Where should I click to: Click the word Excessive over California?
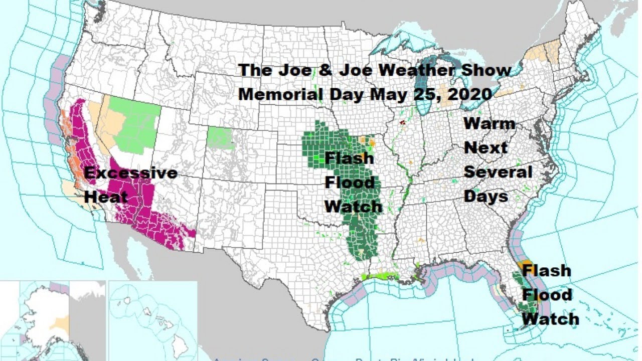tap(130, 173)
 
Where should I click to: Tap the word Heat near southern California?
tap(106, 197)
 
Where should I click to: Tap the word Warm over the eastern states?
tap(489, 123)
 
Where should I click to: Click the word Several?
tap(498, 171)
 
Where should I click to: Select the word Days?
tap(486, 196)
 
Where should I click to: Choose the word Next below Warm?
tap(486, 147)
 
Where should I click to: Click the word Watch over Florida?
tap(550, 319)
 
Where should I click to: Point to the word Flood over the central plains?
tap(349, 182)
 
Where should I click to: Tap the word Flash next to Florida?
tap(546, 271)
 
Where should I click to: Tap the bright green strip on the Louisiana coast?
tap(381, 276)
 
